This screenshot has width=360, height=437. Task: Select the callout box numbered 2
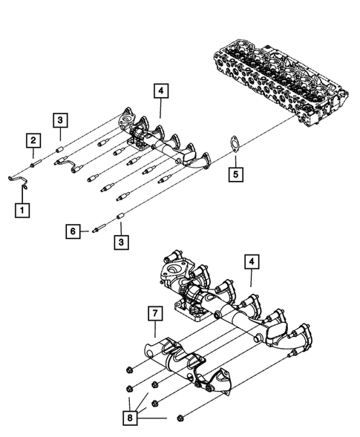point(33,139)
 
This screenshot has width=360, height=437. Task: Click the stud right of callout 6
point(97,230)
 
